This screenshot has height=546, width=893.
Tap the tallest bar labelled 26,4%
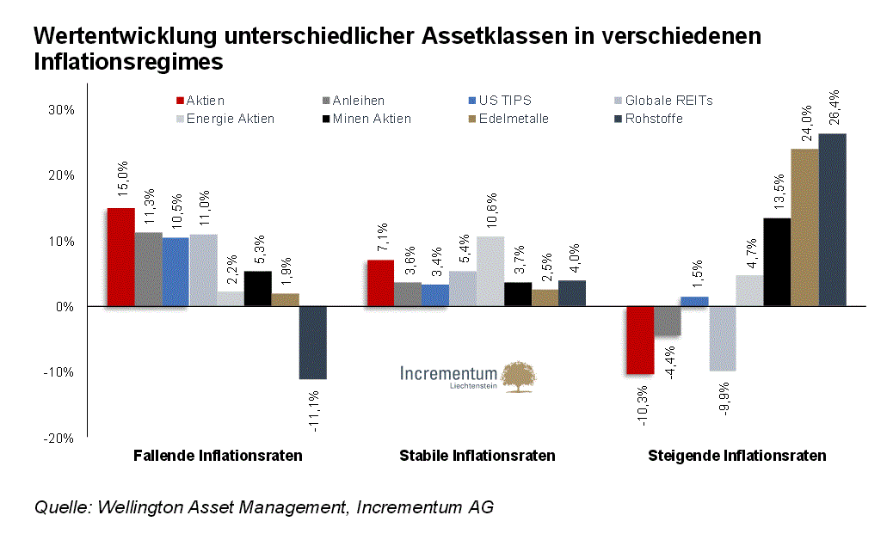pyautogui.click(x=832, y=219)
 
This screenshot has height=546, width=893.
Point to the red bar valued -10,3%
pyautogui.click(x=640, y=340)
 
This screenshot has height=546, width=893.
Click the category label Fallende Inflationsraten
pyautogui.click(x=218, y=456)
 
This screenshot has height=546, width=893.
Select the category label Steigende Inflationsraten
pyautogui.click(x=736, y=456)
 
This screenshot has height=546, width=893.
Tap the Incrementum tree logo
pyautogui.click(x=519, y=377)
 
